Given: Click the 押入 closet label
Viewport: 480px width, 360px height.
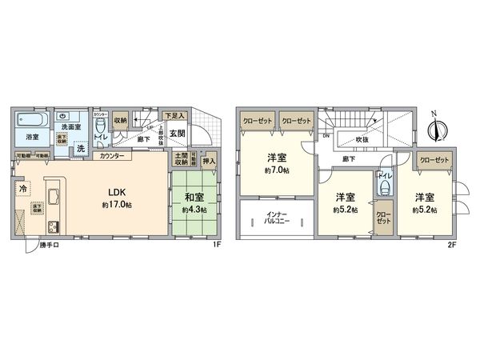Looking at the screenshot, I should click(x=209, y=161).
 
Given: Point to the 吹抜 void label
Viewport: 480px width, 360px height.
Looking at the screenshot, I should click(x=363, y=138).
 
